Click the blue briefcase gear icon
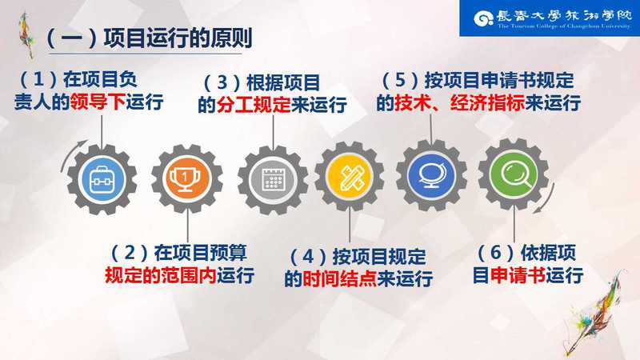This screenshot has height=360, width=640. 102,179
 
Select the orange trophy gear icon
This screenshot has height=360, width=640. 187,178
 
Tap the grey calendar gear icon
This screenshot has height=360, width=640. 273,179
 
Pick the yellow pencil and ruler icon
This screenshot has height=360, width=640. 350,176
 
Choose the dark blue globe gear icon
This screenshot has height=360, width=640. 431,174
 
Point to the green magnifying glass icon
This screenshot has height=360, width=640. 514,174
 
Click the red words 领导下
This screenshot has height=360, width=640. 98,102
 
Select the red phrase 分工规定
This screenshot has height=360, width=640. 254,105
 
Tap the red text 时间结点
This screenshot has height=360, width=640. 339,278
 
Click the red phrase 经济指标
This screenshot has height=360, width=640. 487,102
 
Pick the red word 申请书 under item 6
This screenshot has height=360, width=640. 518,275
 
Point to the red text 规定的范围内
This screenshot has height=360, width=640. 161,275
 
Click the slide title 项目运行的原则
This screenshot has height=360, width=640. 178,38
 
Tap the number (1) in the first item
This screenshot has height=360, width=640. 38,79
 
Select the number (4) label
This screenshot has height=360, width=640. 308,257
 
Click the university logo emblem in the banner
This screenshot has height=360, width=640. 484,18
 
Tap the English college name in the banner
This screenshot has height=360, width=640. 564,26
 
